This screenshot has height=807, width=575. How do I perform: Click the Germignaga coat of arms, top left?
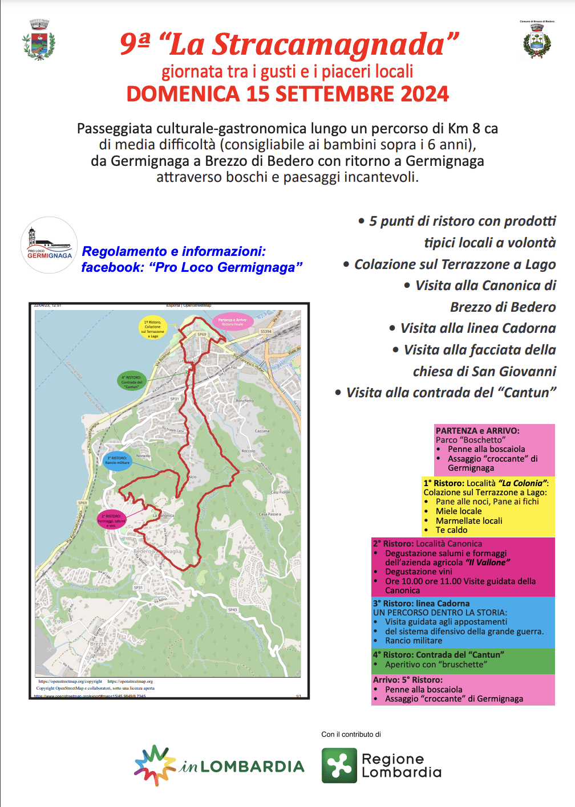[x=39, y=40]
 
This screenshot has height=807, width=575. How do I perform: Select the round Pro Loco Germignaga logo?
[x=49, y=245]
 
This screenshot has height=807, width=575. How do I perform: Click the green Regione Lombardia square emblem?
[x=339, y=765]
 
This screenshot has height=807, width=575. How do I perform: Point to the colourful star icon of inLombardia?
[x=154, y=765]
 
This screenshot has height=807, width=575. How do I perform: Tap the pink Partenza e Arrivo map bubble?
[x=232, y=321]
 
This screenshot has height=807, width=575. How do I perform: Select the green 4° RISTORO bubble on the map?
[x=131, y=381]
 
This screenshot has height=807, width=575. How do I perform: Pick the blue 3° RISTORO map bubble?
[x=118, y=460]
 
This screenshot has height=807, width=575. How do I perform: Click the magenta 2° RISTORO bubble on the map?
[x=111, y=520]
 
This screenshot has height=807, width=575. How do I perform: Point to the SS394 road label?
[x=266, y=331]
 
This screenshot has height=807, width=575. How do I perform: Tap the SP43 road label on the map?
[x=232, y=610]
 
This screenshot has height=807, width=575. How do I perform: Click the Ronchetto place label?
[x=245, y=401]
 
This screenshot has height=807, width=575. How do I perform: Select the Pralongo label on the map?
[x=247, y=548]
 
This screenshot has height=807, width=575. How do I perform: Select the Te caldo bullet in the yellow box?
[x=451, y=530]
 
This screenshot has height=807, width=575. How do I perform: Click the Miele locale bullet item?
[x=459, y=511]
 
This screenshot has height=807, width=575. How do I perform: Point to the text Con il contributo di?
[x=351, y=734]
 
